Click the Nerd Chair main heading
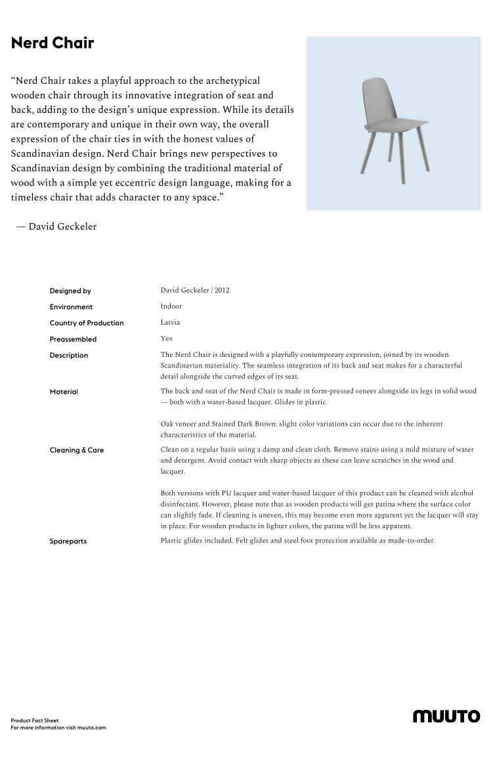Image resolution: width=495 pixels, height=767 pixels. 53,43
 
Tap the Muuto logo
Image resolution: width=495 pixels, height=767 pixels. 446,716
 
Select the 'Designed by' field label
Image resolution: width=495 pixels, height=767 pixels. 70,291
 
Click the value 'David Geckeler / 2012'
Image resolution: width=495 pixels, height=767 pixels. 195,290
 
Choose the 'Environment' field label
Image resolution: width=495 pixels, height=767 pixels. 71,307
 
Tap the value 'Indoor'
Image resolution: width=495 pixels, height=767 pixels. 171,306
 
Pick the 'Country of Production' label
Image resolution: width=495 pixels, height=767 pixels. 87,323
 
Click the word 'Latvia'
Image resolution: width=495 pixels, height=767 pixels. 170,323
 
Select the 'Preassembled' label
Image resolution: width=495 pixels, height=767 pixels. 73,339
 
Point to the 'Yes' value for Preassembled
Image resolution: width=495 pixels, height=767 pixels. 166,339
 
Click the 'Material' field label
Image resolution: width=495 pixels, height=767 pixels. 64,392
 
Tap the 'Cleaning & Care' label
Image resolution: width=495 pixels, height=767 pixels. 77,450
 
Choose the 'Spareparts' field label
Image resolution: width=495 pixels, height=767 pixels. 68,541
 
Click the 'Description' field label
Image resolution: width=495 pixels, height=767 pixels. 69,356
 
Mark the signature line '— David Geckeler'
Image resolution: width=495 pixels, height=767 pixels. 56,226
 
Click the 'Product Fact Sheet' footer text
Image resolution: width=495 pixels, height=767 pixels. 35,720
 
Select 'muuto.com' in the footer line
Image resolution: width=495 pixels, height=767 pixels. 91,728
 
